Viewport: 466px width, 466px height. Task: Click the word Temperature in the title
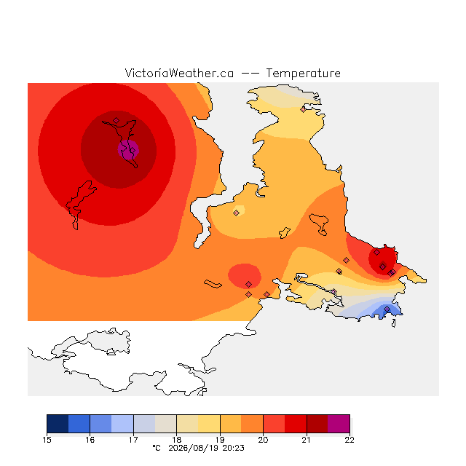coord(303,73)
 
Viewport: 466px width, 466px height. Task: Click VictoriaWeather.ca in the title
coord(179,73)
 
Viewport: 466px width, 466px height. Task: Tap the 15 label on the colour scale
coord(47,440)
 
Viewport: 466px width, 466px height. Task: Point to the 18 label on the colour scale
coord(176,440)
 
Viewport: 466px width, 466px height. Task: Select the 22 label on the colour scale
coord(349,440)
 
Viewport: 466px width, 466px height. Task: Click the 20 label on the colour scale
coord(263,440)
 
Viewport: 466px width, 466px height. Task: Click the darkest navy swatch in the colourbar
coord(58,424)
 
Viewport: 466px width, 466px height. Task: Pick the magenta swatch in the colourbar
coord(339,424)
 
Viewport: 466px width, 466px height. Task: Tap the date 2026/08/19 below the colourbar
coord(193,448)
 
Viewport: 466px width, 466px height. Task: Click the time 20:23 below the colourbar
coord(233,448)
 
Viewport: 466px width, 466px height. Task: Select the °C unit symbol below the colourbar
coord(157,448)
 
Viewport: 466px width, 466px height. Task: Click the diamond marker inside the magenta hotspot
coord(133,150)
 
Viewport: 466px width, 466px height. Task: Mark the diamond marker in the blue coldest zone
coord(387,309)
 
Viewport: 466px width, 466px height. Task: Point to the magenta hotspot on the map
coord(128,150)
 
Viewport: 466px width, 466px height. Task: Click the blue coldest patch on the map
coord(387,311)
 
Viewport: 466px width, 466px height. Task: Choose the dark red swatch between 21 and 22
coord(317,424)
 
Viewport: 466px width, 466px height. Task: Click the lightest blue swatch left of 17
coord(122,424)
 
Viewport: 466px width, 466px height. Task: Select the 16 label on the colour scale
coord(90,440)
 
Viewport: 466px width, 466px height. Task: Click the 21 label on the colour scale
coord(306,440)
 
